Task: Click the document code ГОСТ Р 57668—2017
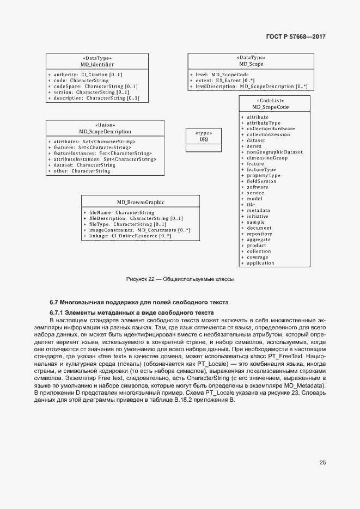pyautogui.click(x=297, y=37)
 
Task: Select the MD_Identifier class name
pyautogui.click(x=97, y=64)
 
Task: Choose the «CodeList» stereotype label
pyautogui.click(x=274, y=101)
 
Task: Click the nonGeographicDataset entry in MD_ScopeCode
pyautogui.click(x=274, y=152)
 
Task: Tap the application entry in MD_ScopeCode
pyautogui.click(x=260, y=263)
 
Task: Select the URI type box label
pyautogui.click(x=203, y=139)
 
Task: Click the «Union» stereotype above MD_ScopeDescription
pyautogui.click(x=105, y=125)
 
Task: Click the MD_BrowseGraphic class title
pyautogui.click(x=141, y=201)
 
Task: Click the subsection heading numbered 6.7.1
pyautogui.click(x=131, y=313)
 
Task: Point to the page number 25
pyautogui.click(x=322, y=462)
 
